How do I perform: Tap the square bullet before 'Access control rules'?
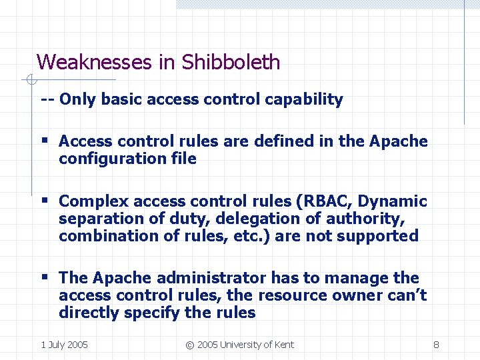(45, 141)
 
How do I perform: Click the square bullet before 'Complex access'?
(45, 201)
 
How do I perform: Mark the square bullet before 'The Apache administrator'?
(45, 277)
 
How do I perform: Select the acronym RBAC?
(325, 201)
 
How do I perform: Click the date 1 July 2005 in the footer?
(64, 345)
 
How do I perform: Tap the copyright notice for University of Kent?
(239, 345)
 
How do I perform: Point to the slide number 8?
(436, 345)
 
